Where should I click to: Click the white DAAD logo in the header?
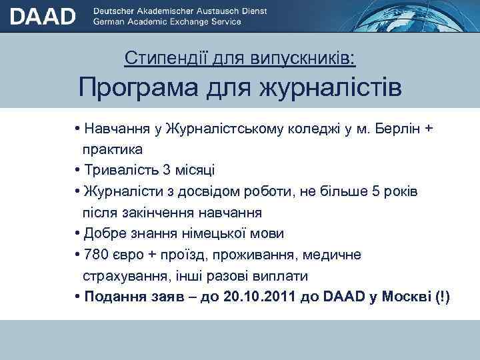click(x=43, y=16)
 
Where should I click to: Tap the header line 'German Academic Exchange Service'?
click(x=169, y=22)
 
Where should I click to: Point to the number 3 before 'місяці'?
click(x=167, y=170)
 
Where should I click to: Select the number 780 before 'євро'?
click(x=96, y=255)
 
